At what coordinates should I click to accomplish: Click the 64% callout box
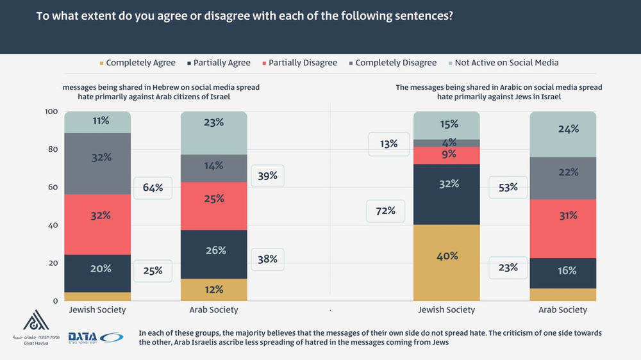coord(153,188)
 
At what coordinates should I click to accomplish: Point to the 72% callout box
coord(385,211)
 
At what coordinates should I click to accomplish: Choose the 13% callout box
coord(388,144)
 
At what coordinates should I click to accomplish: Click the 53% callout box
coord(508,187)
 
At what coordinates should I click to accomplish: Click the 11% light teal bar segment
coord(98,122)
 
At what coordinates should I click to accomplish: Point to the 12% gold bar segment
coord(214,290)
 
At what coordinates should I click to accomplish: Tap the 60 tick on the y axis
coord(53,188)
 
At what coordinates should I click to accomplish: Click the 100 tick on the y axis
coord(51,112)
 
